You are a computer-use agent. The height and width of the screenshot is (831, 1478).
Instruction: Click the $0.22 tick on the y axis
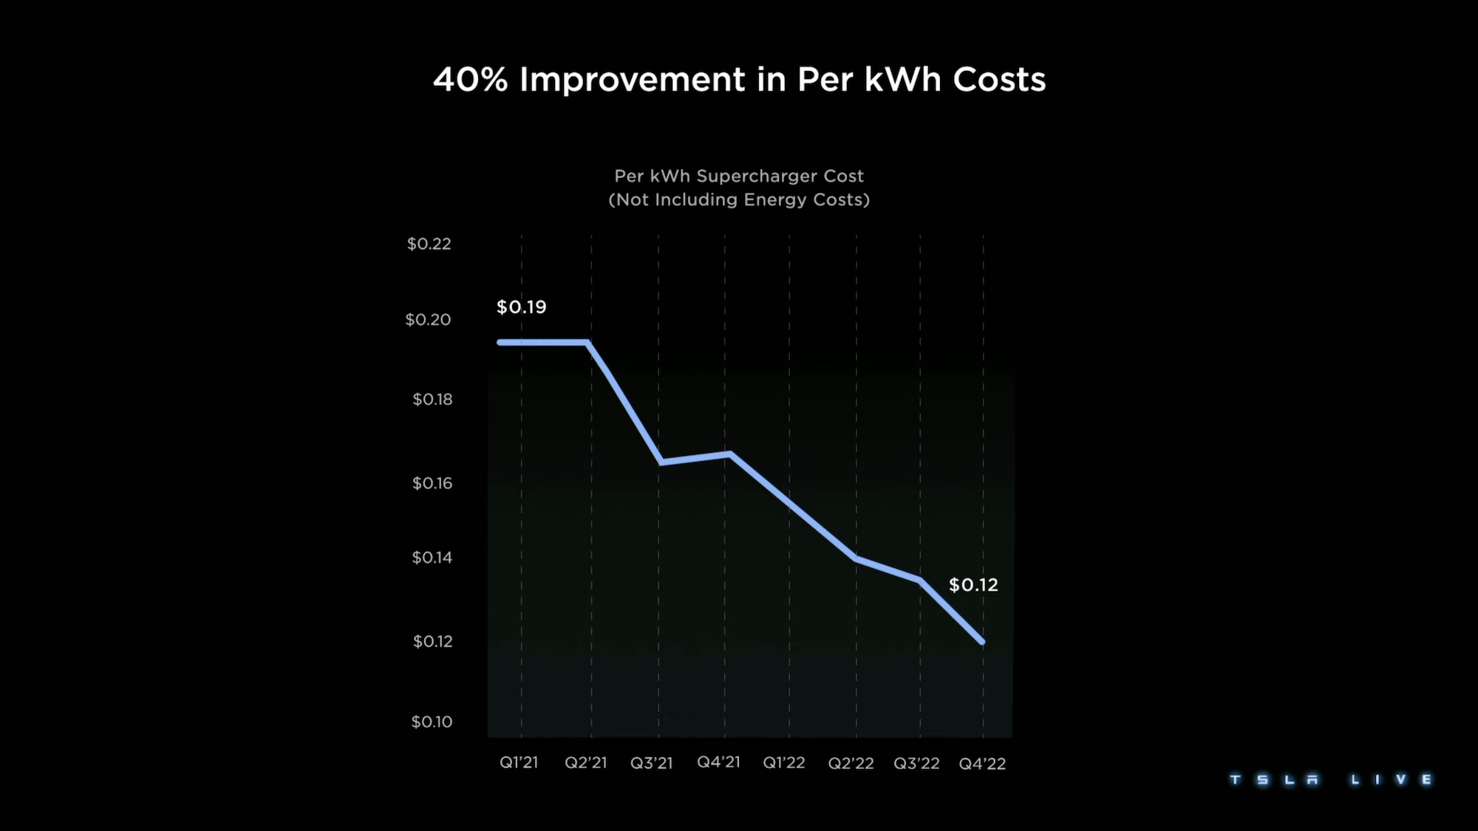[429, 244]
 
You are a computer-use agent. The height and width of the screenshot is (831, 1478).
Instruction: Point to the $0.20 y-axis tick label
[428, 320]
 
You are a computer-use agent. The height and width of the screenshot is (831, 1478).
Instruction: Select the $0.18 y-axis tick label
[432, 400]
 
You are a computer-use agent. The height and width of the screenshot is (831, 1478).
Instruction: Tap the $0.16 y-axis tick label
[432, 483]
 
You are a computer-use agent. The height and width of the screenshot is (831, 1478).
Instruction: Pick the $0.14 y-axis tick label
[432, 558]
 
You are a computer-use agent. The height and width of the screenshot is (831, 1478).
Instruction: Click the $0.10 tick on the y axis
[432, 722]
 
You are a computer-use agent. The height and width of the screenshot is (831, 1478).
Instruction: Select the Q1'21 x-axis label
[519, 762]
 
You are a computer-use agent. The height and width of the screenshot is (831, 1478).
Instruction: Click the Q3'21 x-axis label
[651, 763]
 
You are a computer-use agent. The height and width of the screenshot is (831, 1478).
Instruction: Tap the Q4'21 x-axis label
[718, 762]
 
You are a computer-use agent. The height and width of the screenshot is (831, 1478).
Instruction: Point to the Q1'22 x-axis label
[783, 762]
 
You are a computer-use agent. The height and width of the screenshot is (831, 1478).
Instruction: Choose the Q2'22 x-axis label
[851, 763]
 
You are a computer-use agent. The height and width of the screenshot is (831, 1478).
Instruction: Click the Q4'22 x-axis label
[982, 764]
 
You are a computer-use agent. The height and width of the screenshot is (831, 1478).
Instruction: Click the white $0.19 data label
[521, 307]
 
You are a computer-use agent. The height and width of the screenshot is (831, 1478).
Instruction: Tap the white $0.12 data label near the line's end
[973, 585]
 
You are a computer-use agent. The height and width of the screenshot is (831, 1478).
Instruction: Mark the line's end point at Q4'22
[982, 642]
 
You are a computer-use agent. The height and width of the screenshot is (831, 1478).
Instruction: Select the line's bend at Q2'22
[857, 559]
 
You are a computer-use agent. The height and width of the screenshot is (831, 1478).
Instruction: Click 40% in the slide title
[470, 80]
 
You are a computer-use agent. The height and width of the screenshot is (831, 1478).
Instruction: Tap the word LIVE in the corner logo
[1392, 780]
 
